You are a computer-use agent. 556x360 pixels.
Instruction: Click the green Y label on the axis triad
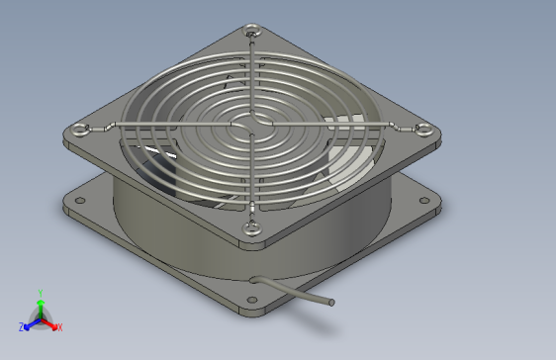[40, 292]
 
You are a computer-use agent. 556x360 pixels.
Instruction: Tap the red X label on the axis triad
[59, 326]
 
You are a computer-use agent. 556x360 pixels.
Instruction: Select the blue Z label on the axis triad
[21, 326]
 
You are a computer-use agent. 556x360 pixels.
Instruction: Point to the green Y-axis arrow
[40, 305]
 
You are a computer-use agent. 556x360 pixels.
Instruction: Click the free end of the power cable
[332, 302]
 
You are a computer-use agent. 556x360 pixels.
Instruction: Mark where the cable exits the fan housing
[255, 279]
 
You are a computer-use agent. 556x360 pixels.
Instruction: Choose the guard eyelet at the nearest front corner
[253, 225]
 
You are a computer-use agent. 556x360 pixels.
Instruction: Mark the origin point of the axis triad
[40, 318]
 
